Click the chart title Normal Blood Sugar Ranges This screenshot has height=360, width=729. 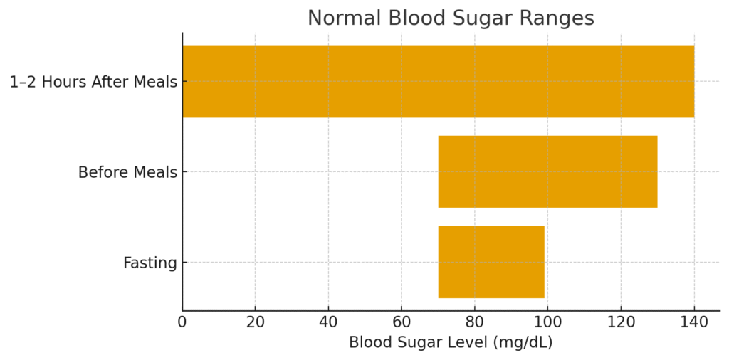pos(451,18)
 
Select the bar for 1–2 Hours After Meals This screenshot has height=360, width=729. pos(438,81)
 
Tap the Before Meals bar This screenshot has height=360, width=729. pos(547,171)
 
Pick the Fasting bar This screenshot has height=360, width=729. pos(491,262)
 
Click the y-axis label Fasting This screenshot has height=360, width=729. pos(150,263)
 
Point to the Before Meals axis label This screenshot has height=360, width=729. pos(127,173)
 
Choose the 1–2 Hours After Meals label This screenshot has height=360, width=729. pos(93,83)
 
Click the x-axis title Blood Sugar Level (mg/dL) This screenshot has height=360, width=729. pos(451,342)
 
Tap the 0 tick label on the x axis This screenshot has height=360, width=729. pos(182,322)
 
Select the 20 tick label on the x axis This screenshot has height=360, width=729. pos(256,322)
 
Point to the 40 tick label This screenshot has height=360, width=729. pos(328,322)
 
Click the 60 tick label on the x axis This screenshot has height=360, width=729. pos(402,322)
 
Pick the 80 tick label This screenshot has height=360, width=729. pos(475,322)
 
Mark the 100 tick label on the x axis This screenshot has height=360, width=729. pos(547,322)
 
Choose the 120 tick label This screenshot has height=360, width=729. pos(621,322)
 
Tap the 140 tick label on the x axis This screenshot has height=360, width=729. pos(694,322)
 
